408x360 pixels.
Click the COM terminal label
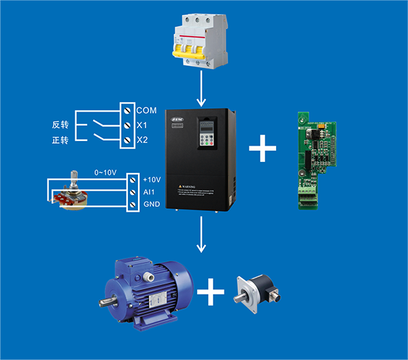pyautogui.click(x=146, y=110)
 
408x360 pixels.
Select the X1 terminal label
pyautogui.click(x=142, y=125)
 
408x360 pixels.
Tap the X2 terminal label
pyautogui.click(x=142, y=140)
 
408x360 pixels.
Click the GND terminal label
pyautogui.click(x=151, y=205)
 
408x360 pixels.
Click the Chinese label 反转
pyautogui.click(x=61, y=125)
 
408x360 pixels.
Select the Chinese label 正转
pyautogui.click(x=61, y=140)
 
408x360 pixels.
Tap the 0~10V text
pyautogui.click(x=106, y=172)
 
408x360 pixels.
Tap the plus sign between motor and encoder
pyautogui.click(x=211, y=294)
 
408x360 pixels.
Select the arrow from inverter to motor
pyautogui.click(x=201, y=235)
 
